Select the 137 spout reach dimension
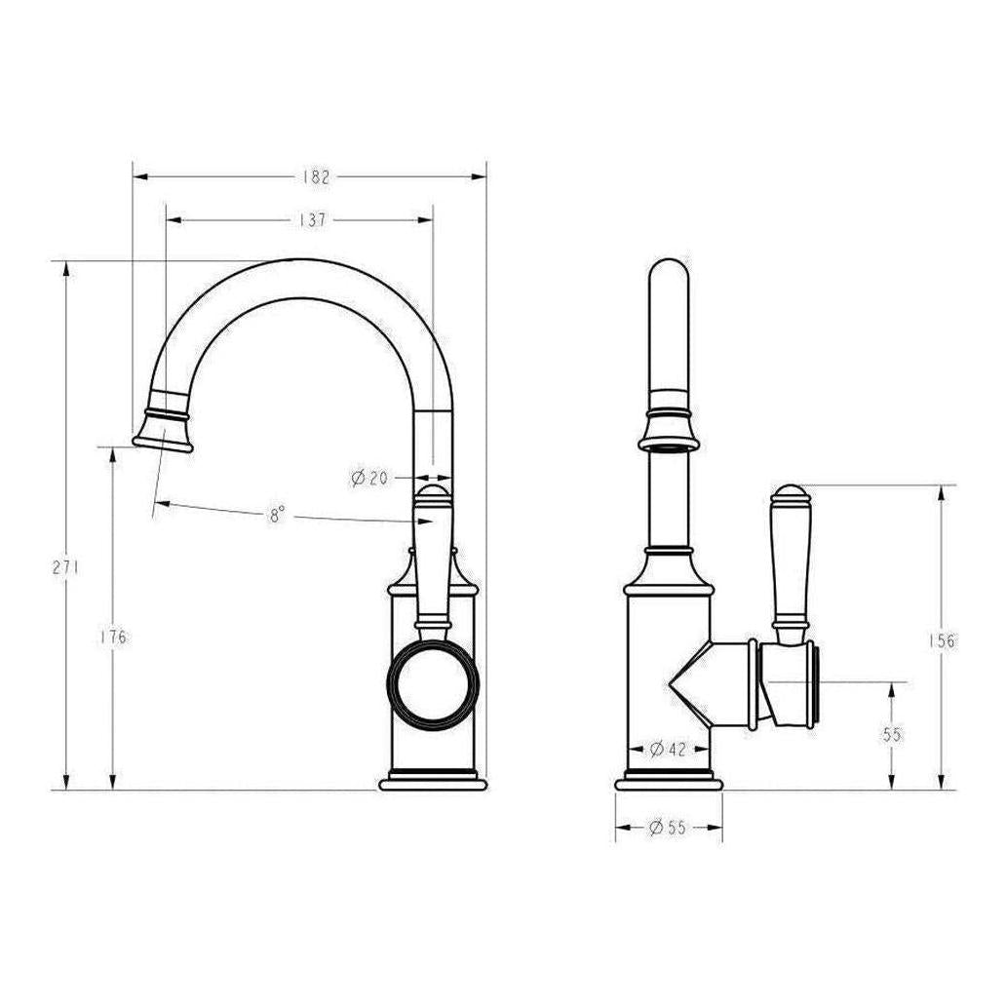point(311,220)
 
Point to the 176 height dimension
point(113,638)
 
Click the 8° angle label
point(278,515)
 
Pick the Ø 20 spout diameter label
point(369,478)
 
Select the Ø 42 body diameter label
point(668,750)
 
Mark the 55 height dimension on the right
point(892,735)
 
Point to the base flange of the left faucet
point(433,782)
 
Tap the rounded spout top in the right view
point(669,278)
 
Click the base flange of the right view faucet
point(669,782)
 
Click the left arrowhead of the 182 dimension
point(139,177)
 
